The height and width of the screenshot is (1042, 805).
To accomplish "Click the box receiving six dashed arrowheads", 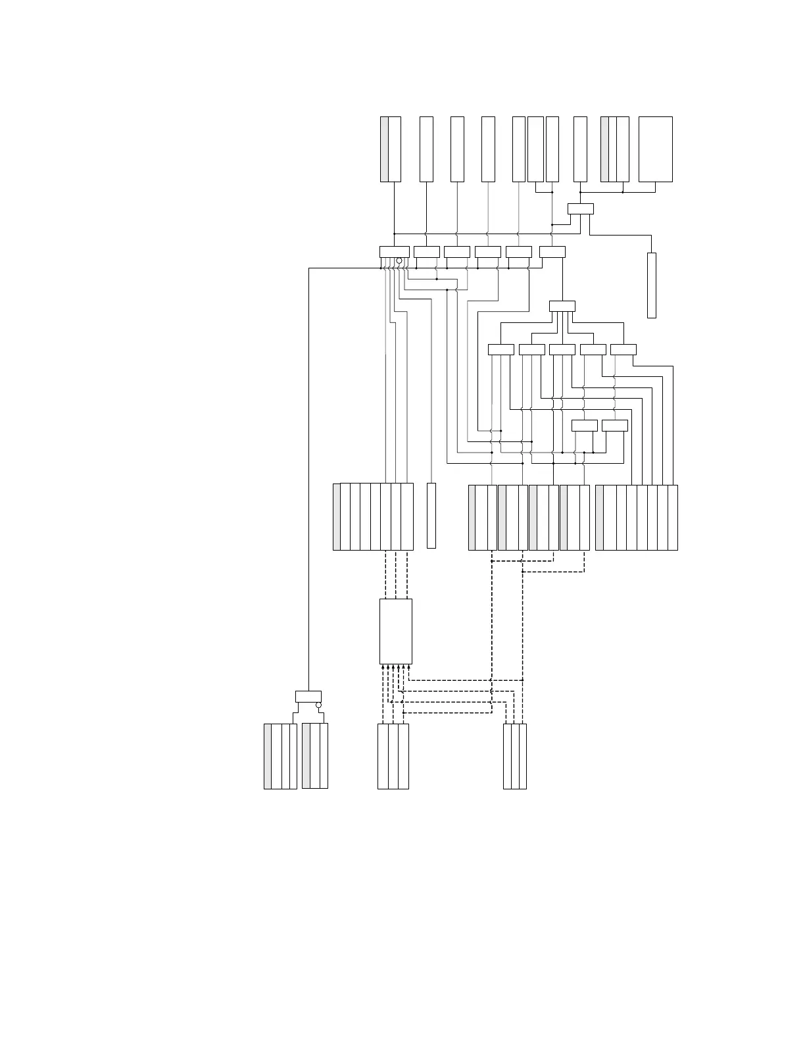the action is (x=396, y=631).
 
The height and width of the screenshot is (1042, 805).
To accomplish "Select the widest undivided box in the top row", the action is (x=655, y=149).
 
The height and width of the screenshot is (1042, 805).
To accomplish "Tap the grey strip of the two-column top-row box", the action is (x=384, y=149).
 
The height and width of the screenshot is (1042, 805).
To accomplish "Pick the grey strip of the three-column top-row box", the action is (x=604, y=149).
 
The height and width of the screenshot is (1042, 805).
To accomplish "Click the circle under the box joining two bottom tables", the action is (x=318, y=705).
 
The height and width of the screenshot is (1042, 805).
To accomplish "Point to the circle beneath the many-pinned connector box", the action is (x=399, y=261).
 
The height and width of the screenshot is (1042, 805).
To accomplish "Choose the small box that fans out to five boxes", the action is (x=562, y=306).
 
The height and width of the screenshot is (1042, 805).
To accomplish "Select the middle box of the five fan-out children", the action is (x=562, y=349).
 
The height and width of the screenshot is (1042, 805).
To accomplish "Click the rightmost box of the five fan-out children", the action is (x=623, y=349).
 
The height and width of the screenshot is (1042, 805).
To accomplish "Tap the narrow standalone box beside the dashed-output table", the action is (x=431, y=516).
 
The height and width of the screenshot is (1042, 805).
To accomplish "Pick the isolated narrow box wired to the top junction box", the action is (x=652, y=285).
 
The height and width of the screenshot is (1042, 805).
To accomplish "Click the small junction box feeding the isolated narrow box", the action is (x=580, y=209).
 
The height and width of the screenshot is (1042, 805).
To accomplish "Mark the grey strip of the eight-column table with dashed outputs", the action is (x=337, y=517).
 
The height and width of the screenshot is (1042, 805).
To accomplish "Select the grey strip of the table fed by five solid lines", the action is (x=599, y=518).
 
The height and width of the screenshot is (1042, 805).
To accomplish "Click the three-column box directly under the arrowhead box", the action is (x=393, y=756).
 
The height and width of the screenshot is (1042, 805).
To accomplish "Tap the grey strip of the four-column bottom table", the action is (x=268, y=756).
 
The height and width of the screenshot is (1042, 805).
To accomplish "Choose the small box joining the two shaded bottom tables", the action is (x=308, y=697).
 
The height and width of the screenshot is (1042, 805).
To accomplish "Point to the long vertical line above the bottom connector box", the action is (x=308, y=480).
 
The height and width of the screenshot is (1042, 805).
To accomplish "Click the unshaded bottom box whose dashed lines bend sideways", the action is (x=515, y=756).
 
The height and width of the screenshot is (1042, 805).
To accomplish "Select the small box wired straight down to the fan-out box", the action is (x=552, y=251).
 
